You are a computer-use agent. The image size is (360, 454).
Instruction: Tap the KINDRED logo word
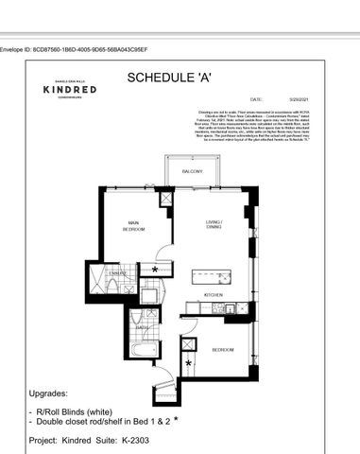(67, 91)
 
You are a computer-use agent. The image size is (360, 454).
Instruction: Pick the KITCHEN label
(214, 296)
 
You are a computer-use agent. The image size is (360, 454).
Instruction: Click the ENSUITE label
(116, 272)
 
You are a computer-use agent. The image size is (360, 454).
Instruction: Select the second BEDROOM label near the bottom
(222, 349)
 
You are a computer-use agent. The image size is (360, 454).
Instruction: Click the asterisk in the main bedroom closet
(155, 269)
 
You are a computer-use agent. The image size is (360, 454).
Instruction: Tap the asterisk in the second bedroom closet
(188, 363)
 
